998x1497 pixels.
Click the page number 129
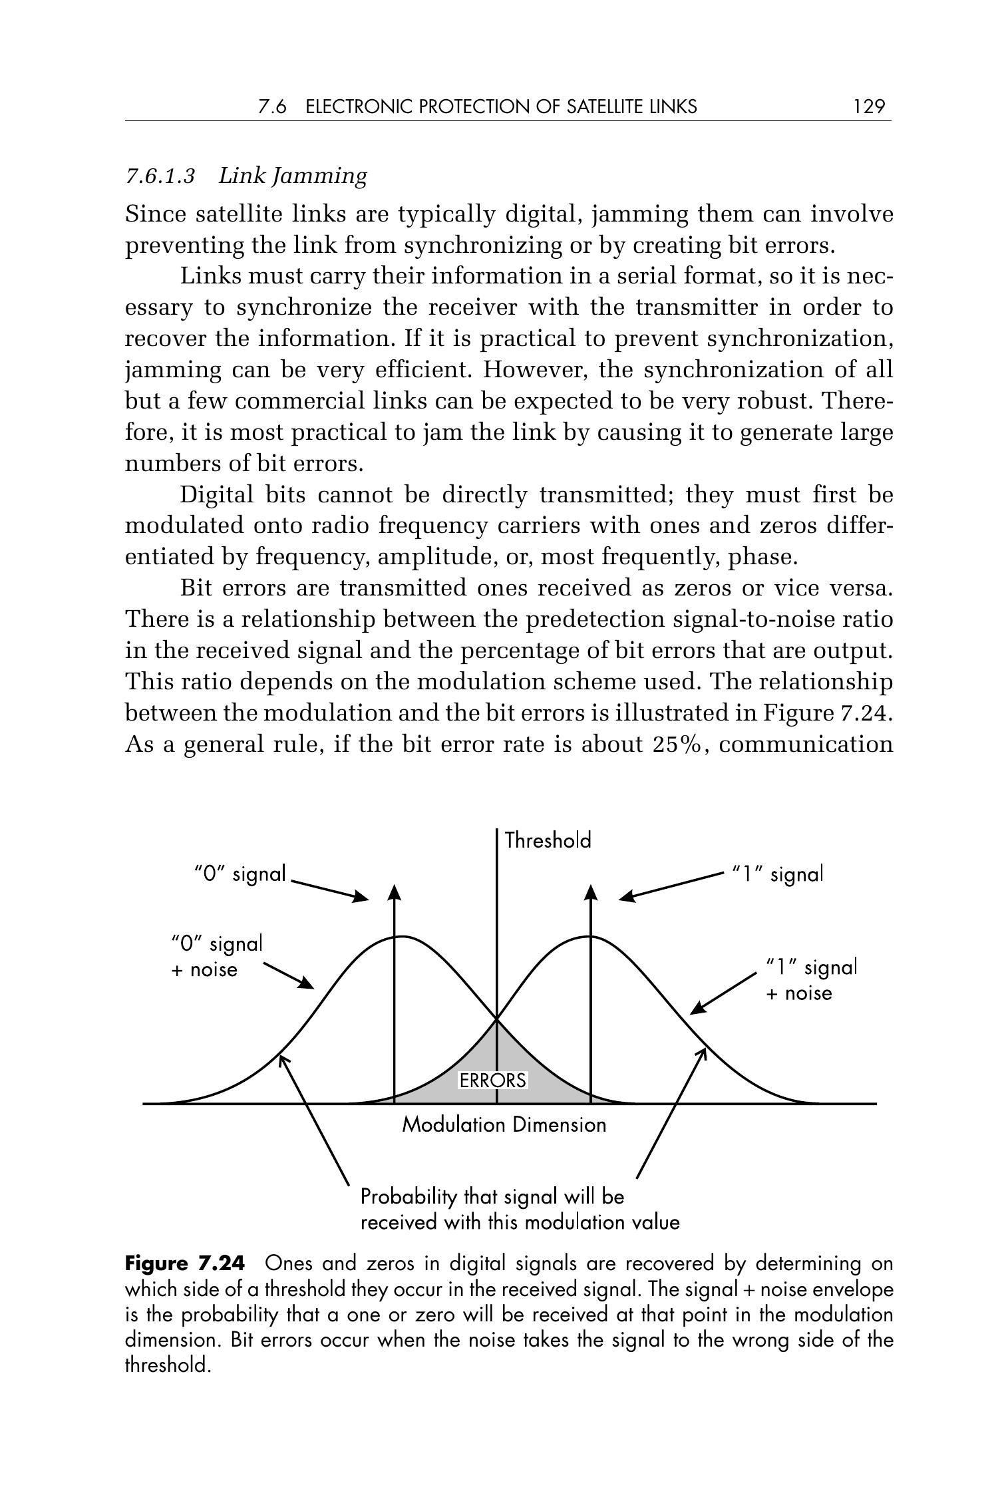869,106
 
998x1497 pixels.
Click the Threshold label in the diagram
548,840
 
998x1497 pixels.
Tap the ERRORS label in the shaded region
492,1081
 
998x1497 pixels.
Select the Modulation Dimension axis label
504,1125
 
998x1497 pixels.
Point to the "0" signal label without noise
240,873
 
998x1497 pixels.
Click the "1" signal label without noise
777,873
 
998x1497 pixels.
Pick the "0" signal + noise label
216,956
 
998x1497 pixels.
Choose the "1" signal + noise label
810,979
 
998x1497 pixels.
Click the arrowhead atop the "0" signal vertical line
395,894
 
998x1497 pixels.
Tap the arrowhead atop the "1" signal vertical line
591,894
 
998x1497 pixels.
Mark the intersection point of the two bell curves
497,1019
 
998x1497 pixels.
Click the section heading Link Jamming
293,176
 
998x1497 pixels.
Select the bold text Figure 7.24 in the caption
185,1263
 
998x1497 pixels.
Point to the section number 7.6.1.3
160,176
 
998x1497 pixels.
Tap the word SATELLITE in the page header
604,106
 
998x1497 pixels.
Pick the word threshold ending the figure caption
167,1366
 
